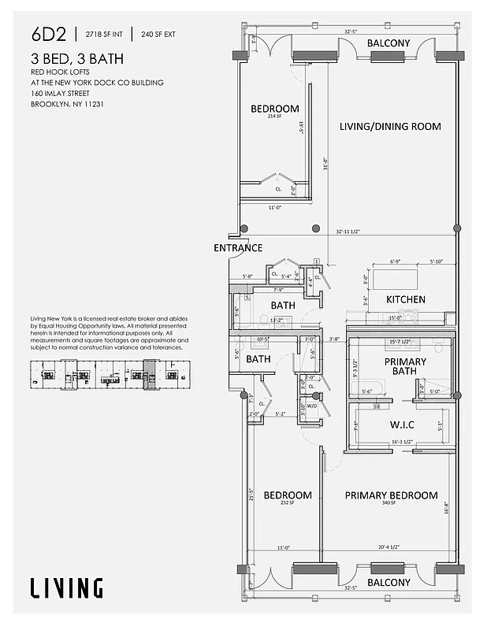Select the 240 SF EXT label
pos(159,34)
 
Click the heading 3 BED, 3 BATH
pos(77,59)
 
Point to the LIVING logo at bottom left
pos(66,587)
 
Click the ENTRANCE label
pos(238,248)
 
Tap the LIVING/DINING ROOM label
pos(390,126)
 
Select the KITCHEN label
pos(406,299)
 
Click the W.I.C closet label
pos(403,425)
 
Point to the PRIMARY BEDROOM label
pos(391,495)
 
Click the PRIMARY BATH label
pos(405,366)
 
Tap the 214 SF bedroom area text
pos(275,117)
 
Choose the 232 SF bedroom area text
pos(287,503)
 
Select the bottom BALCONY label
pos(388,583)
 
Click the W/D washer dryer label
pos(311,407)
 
